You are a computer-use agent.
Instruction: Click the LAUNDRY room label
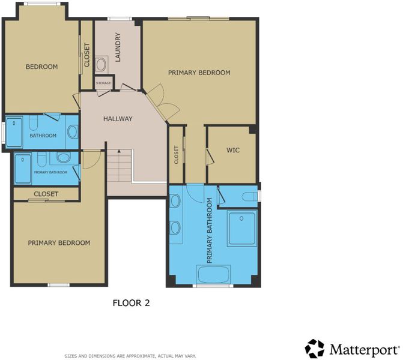click(x=118, y=47)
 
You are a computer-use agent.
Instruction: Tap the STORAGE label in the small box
click(x=103, y=83)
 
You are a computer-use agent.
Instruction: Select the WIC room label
click(x=233, y=150)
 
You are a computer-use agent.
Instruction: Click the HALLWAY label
click(x=118, y=119)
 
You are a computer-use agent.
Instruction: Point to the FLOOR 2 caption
click(x=131, y=303)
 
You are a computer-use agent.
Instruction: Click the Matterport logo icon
click(x=314, y=349)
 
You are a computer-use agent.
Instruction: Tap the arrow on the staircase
click(x=119, y=151)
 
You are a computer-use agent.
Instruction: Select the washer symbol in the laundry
click(x=100, y=64)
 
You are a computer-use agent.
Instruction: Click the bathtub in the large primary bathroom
click(x=213, y=274)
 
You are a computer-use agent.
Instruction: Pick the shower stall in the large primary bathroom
click(x=242, y=228)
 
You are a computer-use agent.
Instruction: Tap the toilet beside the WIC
click(x=249, y=196)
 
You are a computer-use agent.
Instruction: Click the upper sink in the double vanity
click(x=175, y=200)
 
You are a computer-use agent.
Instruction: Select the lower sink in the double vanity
click(x=175, y=228)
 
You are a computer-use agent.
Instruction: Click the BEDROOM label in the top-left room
click(x=41, y=67)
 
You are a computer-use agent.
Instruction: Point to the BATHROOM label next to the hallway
click(x=43, y=136)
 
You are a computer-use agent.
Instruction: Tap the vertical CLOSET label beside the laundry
click(x=87, y=55)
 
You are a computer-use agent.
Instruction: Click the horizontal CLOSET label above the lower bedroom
click(x=46, y=194)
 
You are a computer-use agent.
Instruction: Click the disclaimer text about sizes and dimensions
click(x=130, y=356)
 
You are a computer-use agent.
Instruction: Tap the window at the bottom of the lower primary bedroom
click(x=59, y=285)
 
